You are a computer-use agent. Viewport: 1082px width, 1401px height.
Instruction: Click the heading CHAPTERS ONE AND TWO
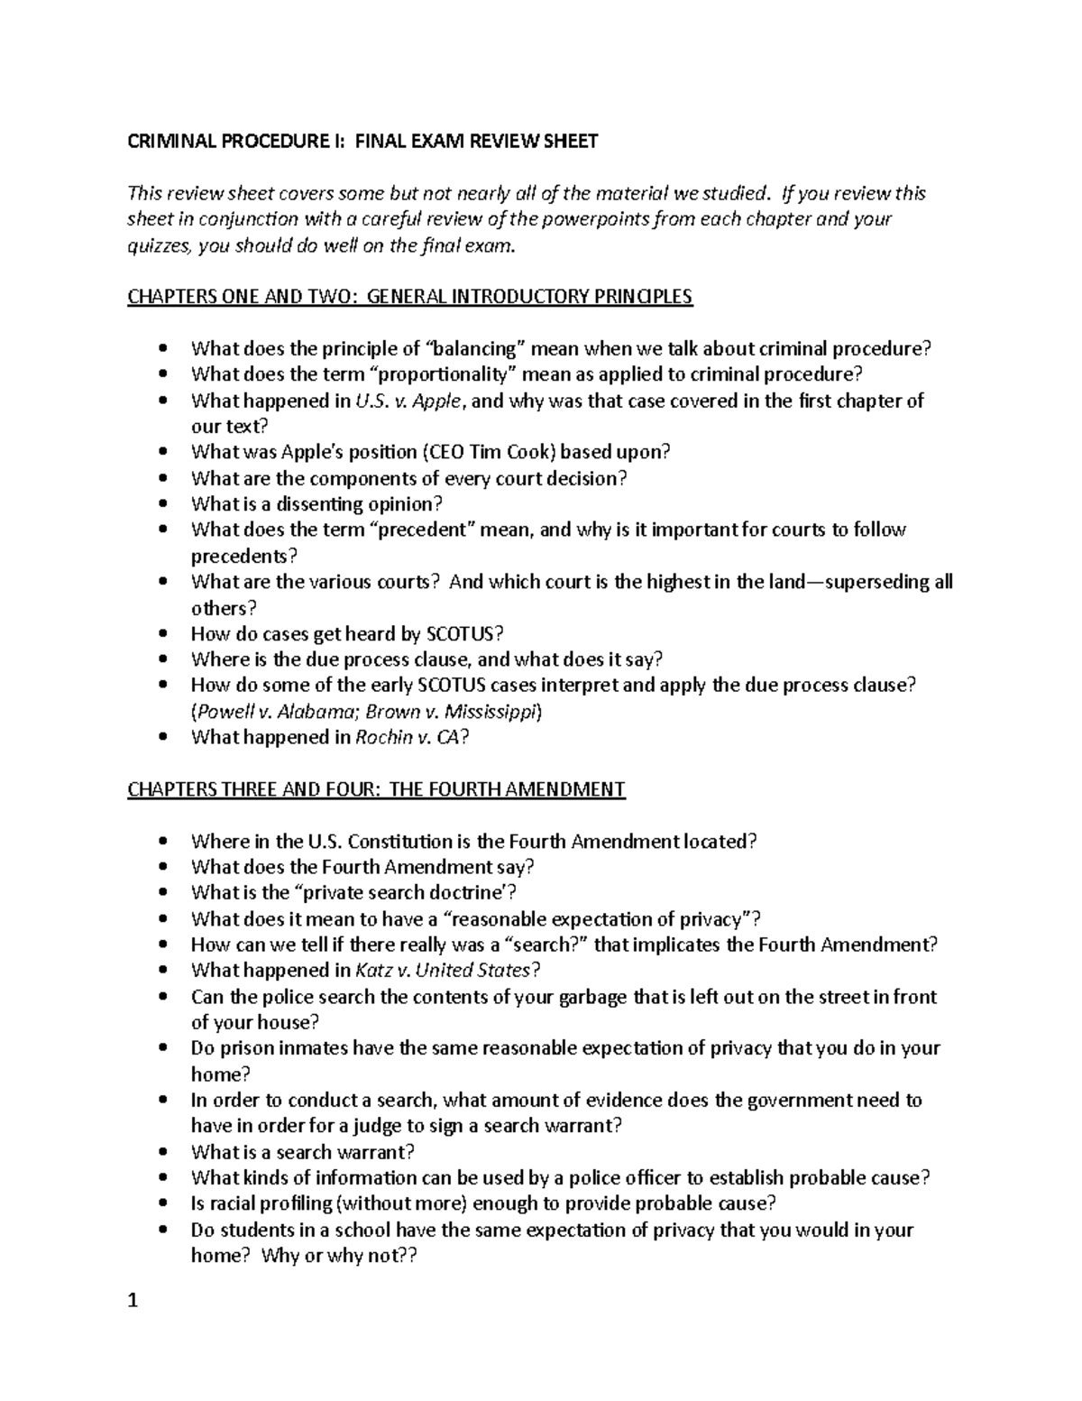(x=239, y=297)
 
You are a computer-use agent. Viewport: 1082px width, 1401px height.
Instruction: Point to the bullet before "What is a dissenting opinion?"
(x=162, y=504)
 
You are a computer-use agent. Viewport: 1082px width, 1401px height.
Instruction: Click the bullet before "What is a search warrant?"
(x=162, y=1153)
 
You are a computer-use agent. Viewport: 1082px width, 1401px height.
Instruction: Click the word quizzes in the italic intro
(x=158, y=245)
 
